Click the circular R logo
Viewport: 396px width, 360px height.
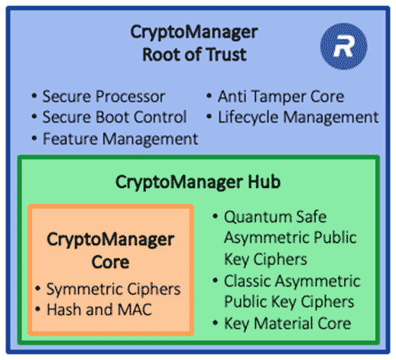pyautogui.click(x=339, y=44)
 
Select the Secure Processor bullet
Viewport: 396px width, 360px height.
pyautogui.click(x=103, y=97)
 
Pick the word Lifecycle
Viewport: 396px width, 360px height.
pyautogui.click(x=245, y=118)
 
